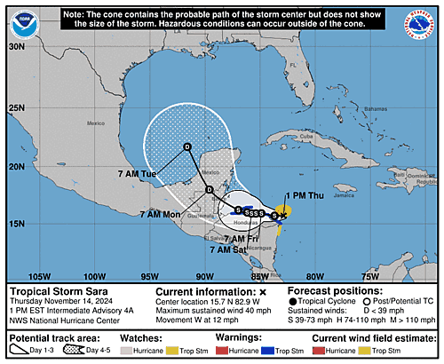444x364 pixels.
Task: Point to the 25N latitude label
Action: point(16,108)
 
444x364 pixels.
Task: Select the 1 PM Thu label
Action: point(304,195)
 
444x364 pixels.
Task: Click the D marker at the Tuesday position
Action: point(186,146)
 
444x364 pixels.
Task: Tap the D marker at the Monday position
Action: point(209,190)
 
